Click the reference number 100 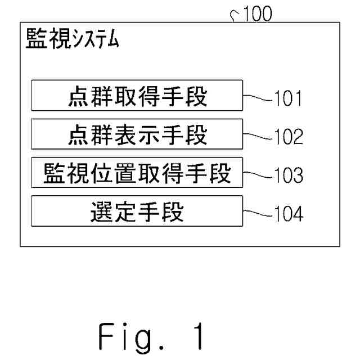point(258,13)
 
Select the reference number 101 point(288,98)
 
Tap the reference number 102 point(289,137)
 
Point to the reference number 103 point(289,175)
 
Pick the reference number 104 point(289,214)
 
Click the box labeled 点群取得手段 point(137,95)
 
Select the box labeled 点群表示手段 point(137,134)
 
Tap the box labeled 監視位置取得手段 point(137,173)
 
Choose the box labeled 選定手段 point(137,211)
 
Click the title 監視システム point(73,38)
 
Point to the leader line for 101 point(258,98)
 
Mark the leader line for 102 point(258,136)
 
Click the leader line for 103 point(258,175)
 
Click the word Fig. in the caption point(132,337)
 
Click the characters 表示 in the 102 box point(137,135)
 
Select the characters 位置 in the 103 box point(113,173)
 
